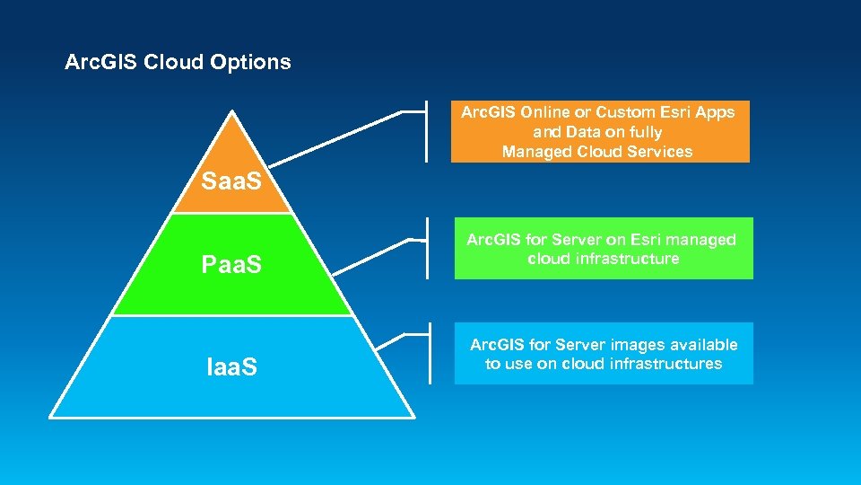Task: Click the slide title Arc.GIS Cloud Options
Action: pos(178,62)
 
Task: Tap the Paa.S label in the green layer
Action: pos(231,266)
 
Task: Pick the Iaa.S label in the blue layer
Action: pos(231,366)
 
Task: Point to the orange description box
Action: pos(599,132)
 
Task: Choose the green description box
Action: pos(603,249)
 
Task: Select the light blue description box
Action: pos(603,354)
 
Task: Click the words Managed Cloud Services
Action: pos(597,152)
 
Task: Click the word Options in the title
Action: pos(250,62)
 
